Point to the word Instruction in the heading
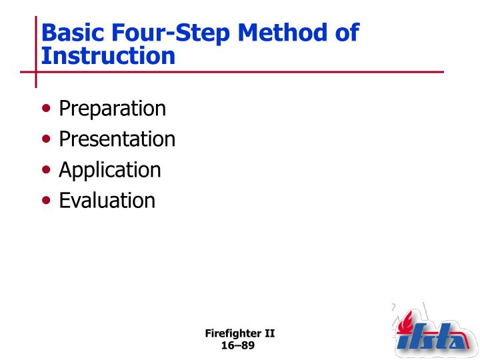tap(108, 56)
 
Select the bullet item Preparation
tap(112, 109)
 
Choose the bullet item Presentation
tap(117, 139)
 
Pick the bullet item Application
tap(109, 170)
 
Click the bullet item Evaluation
tap(107, 200)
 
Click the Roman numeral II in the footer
tap(270, 334)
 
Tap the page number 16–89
tap(238, 345)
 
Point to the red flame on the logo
tap(405, 323)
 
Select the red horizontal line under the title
tap(240, 71)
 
